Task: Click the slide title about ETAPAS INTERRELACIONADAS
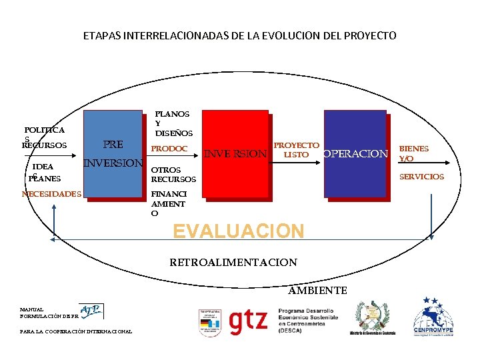pos(240,35)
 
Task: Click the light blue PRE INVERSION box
pos(113,153)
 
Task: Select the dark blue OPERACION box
pos(355,154)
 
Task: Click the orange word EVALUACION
pos(238,231)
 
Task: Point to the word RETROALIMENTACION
pos(233,262)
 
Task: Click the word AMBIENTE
pos(317,290)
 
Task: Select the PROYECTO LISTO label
pos(296,150)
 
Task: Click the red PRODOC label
pos(169,149)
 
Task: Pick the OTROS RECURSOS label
pos(173,175)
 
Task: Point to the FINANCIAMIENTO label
pos(168,203)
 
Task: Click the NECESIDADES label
pos(51,194)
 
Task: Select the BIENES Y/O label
pos(413,153)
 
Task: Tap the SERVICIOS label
pos(421,177)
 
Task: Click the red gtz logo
pos(248,322)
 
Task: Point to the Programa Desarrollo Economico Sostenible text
pos(307,320)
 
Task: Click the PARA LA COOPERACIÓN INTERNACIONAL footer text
pos(76,331)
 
